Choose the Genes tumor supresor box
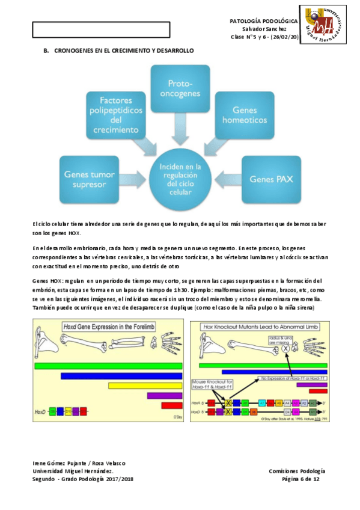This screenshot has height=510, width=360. pyautogui.click(x=90, y=179)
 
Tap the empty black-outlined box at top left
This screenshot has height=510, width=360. pyautogui.click(x=101, y=29)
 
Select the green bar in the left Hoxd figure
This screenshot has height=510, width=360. pyautogui.click(x=108, y=365)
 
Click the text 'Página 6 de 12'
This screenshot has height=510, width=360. pyautogui.click(x=304, y=479)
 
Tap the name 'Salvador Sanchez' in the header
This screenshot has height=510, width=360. pyautogui.click(x=264, y=29)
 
